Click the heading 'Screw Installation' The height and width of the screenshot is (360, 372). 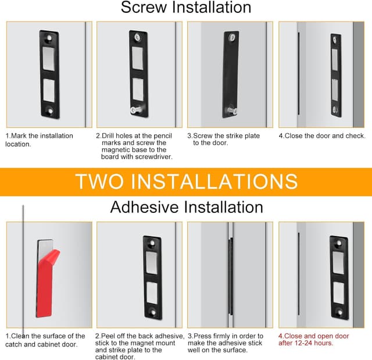(x=186, y=8)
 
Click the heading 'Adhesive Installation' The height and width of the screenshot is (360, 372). (x=186, y=207)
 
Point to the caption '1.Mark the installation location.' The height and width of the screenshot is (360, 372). (x=40, y=140)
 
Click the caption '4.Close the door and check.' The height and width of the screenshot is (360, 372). (x=321, y=136)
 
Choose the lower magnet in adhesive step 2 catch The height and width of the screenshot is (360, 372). (x=152, y=293)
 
